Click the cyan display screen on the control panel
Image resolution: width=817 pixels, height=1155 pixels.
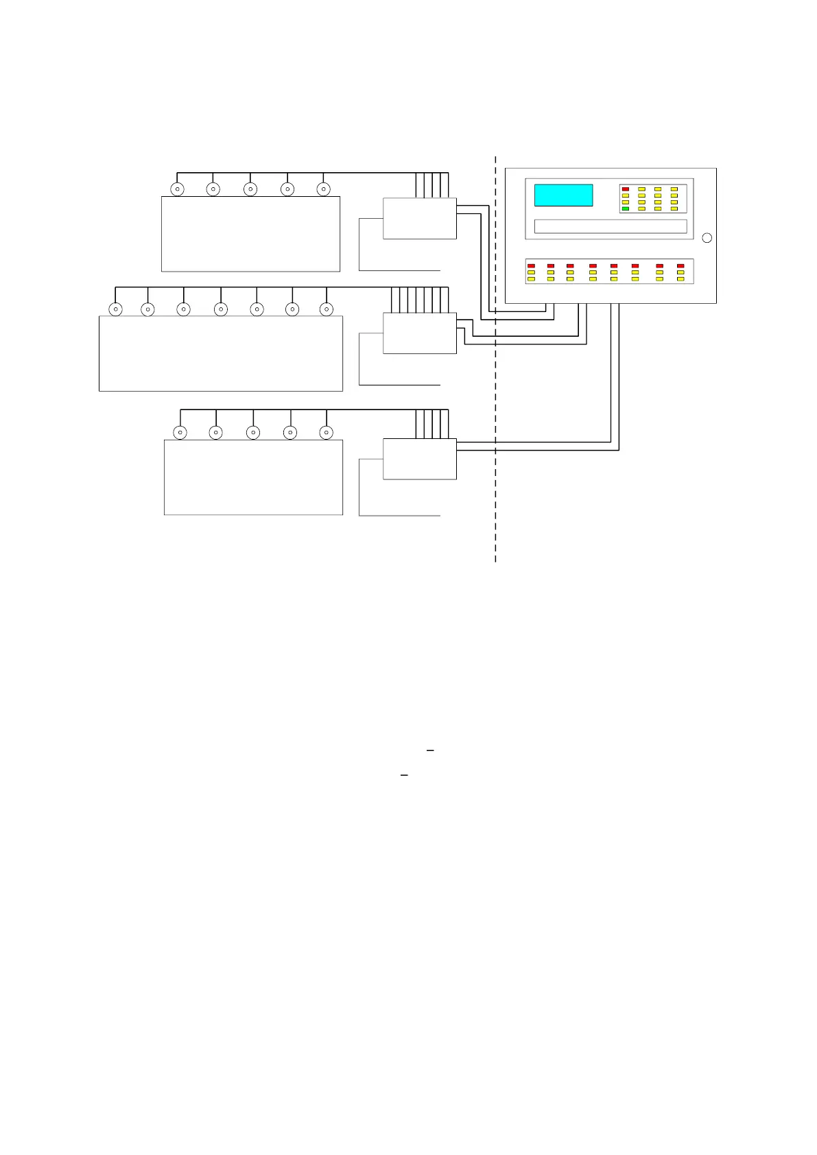point(563,195)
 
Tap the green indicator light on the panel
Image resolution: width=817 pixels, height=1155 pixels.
point(625,209)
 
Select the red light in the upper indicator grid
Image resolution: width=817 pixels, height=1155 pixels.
point(625,189)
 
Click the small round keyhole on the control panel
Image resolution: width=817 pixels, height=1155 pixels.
point(707,238)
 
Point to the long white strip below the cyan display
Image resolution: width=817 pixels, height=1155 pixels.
point(610,226)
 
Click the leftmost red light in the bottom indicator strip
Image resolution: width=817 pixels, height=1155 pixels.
point(531,265)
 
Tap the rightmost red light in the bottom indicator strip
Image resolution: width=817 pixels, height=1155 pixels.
point(680,265)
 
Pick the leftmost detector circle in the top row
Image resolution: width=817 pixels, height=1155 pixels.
point(177,189)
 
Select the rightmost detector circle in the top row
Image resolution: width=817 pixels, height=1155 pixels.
point(323,189)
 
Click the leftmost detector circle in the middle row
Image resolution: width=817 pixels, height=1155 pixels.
point(116,309)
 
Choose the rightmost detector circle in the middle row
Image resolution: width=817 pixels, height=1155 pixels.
point(327,309)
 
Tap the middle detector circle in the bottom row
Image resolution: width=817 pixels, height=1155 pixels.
point(253,433)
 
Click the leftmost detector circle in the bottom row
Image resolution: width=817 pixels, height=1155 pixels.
point(180,433)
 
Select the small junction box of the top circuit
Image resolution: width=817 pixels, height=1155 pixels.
point(419,219)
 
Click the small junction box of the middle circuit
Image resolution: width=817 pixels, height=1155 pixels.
point(419,333)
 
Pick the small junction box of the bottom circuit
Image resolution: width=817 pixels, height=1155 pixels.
point(419,459)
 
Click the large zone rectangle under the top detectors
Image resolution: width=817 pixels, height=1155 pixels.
point(250,234)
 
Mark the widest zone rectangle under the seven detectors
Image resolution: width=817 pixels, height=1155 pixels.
point(220,353)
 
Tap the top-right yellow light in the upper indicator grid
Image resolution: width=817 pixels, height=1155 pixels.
point(674,189)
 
